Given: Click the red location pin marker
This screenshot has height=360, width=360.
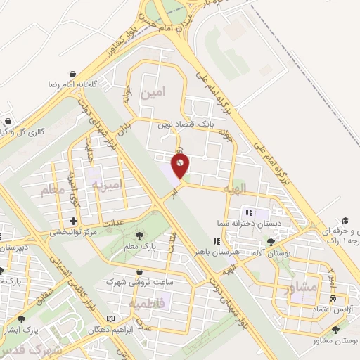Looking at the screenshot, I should [x=181, y=167].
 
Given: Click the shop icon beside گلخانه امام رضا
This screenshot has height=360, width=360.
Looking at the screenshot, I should [x=73, y=74].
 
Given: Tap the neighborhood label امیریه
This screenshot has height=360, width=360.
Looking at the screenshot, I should [x=106, y=184].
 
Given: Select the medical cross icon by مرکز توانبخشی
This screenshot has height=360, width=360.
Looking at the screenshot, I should [x=73, y=221].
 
